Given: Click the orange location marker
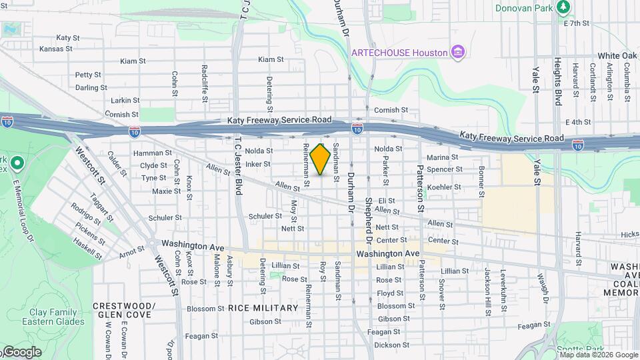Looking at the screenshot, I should tap(321, 159).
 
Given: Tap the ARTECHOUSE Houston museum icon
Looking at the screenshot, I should tap(458, 52).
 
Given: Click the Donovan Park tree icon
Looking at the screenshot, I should tap(564, 7).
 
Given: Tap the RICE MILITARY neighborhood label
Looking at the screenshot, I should tap(263, 308).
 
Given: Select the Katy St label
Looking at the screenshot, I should tap(68, 38).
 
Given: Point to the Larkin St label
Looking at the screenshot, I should tap(125, 100).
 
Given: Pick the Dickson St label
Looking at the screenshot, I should tap(391, 345).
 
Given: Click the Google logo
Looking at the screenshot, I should tap(21, 352).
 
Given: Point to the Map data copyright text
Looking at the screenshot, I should tap(599, 355).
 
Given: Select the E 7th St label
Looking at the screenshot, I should tap(577, 23).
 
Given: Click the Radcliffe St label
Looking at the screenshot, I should tap(205, 79).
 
